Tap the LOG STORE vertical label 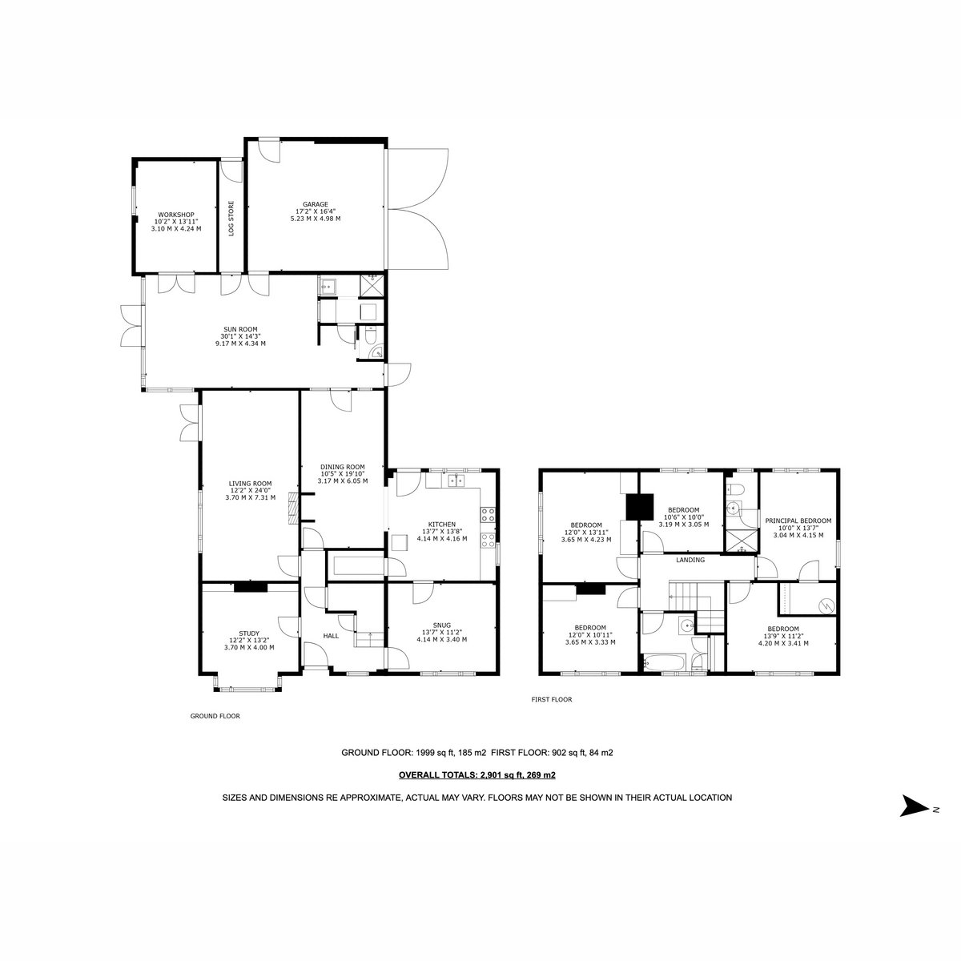coord(231,218)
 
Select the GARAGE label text coord(316,204)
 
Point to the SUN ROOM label coord(240,329)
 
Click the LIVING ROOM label coord(251,483)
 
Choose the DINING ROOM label coord(343,467)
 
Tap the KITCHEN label coord(442,525)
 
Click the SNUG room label coord(442,625)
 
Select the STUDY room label coord(249,633)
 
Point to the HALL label coord(331,636)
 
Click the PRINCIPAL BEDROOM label coord(798,521)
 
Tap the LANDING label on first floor coord(690,560)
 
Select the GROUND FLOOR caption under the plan coord(215,716)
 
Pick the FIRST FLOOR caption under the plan coord(552,700)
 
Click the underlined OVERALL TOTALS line coord(477,775)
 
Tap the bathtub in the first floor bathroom coord(665,664)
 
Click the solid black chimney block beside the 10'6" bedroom coord(640,507)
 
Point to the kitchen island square coord(400,543)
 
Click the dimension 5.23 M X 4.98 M coord(316,219)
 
